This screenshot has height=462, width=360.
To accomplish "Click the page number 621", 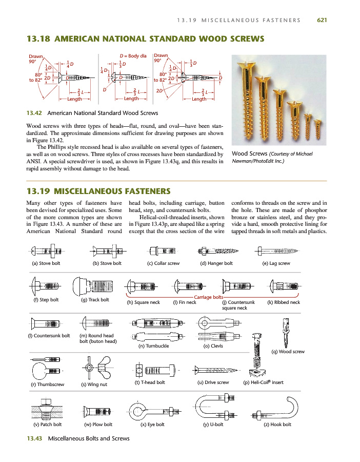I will pyautogui.click(x=322, y=20).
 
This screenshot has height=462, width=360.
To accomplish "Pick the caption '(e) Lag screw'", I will pyautogui.click(x=276, y=263).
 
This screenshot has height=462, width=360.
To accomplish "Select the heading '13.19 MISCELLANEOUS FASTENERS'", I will pyautogui.click(x=98, y=191).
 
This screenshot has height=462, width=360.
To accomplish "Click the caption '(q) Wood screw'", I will pyautogui.click(x=288, y=352).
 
